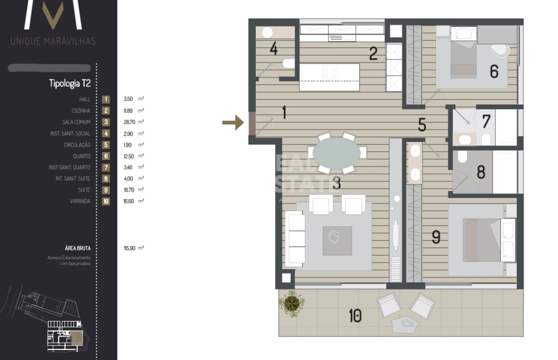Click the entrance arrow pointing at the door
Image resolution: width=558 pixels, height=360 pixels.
(232, 122)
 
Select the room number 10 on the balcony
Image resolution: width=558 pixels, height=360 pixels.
(355, 316)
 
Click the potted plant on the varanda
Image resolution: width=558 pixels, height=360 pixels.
(291, 302)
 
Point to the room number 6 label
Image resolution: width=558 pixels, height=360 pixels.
(494, 71)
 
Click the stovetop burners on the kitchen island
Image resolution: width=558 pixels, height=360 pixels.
(330, 72)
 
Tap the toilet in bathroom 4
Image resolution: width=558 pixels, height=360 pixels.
(289, 64)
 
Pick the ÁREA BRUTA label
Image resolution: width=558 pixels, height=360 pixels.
(78, 248)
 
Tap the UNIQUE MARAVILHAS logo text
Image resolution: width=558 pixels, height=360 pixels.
(53, 41)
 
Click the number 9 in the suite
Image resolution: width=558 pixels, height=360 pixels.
(436, 237)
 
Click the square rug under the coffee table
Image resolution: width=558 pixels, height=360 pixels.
(337, 241)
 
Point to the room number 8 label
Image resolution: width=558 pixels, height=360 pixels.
(481, 172)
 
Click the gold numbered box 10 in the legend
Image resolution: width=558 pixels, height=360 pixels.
(106, 201)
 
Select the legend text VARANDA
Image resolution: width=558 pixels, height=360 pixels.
(80, 201)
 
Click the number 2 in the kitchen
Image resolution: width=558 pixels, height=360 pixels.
(373, 53)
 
